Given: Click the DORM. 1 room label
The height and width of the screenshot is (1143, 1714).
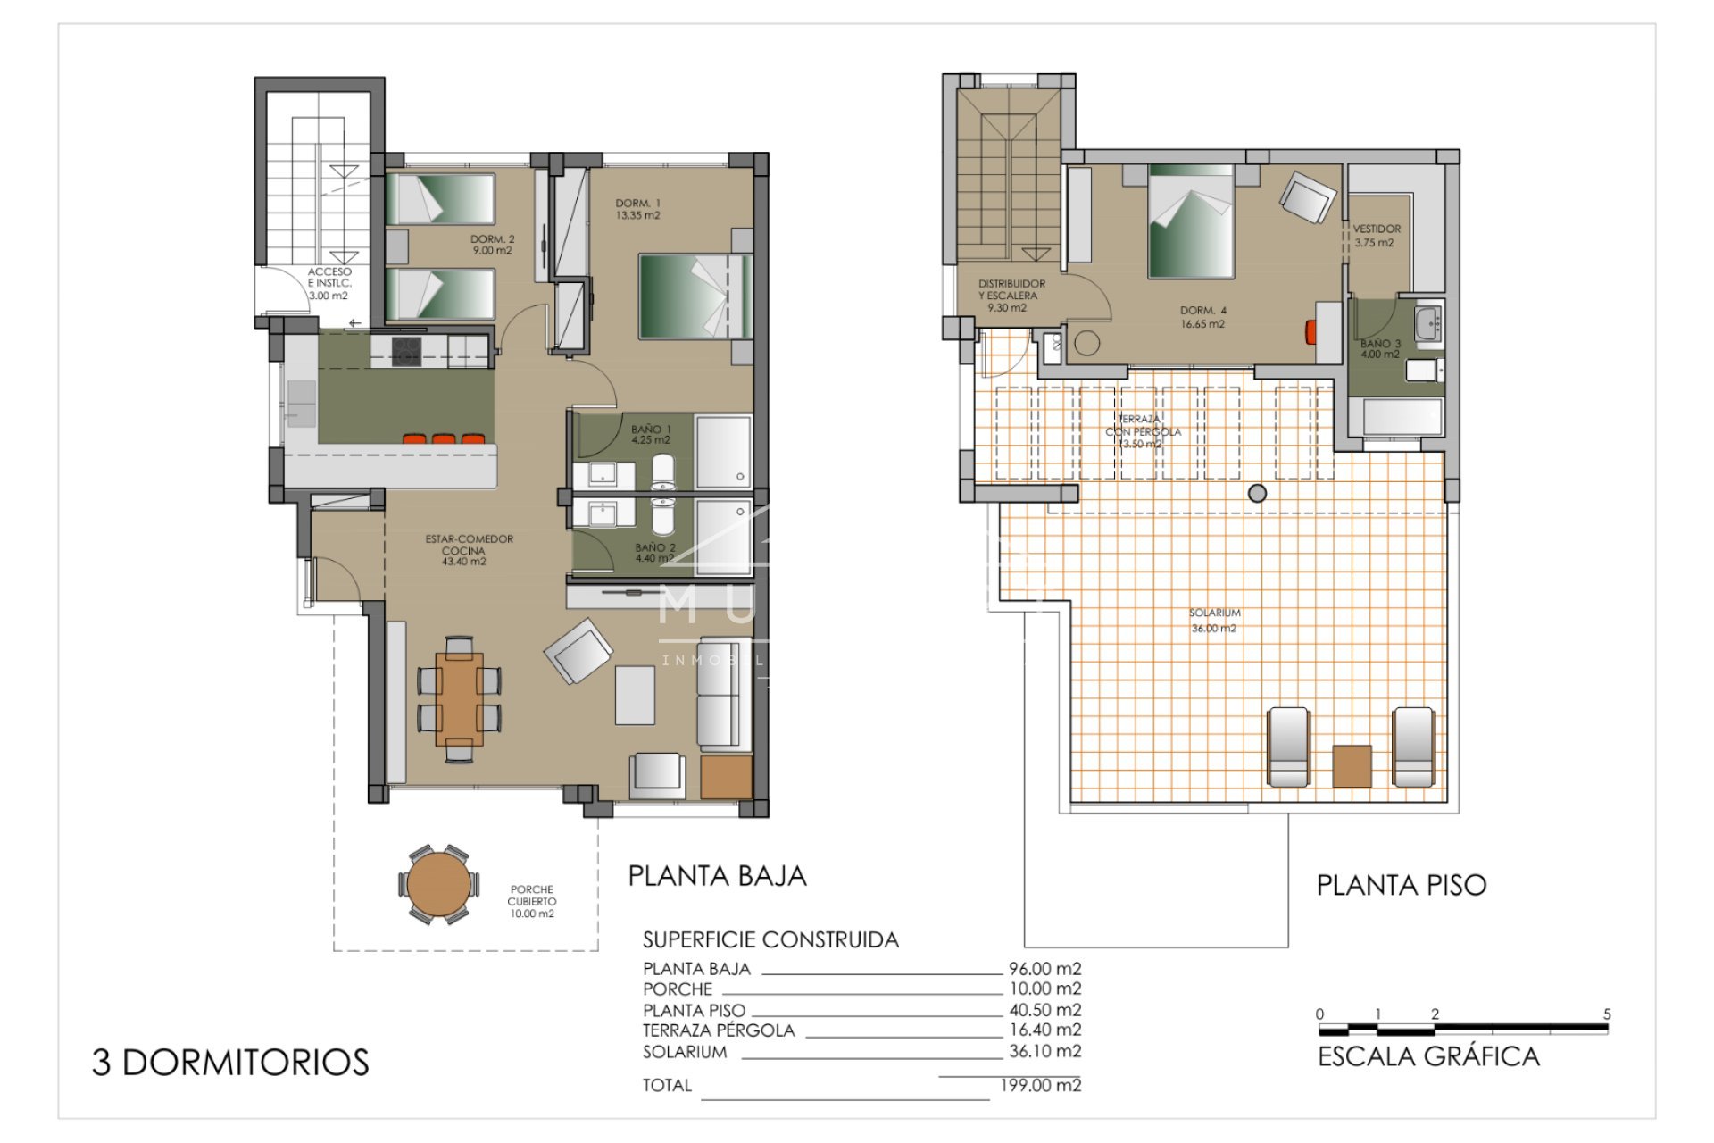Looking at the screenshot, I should (637, 209).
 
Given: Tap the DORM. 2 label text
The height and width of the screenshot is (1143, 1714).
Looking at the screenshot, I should (493, 245).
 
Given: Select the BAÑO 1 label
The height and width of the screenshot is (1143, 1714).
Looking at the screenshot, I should (650, 435).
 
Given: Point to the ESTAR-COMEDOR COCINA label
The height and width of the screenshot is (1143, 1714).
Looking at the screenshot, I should (469, 550).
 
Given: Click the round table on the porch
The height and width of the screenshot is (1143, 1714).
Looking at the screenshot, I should (436, 885).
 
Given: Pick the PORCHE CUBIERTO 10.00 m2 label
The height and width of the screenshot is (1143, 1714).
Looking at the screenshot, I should (532, 901).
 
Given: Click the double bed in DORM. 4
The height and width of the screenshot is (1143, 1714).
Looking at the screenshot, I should (1190, 223).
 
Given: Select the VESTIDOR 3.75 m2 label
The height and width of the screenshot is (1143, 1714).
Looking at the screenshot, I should (1376, 235).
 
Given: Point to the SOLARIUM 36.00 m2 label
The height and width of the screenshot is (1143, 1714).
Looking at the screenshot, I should (1214, 621).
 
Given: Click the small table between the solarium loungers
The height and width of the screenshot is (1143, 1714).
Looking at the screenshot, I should (1351, 766).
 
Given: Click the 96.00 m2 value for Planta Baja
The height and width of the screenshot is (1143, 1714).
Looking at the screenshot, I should (1044, 968).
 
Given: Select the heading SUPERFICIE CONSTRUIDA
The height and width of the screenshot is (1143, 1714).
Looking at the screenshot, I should (770, 939).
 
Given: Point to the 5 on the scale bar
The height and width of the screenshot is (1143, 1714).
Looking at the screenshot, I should (1607, 1014).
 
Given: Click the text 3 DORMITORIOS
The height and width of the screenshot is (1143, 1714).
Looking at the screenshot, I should (230, 1063).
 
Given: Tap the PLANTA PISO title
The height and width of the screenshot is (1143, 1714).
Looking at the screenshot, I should (1401, 885).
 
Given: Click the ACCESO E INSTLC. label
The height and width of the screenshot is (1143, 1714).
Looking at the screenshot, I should (329, 283).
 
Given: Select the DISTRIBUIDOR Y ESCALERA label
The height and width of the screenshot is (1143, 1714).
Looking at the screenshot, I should (1011, 295).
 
